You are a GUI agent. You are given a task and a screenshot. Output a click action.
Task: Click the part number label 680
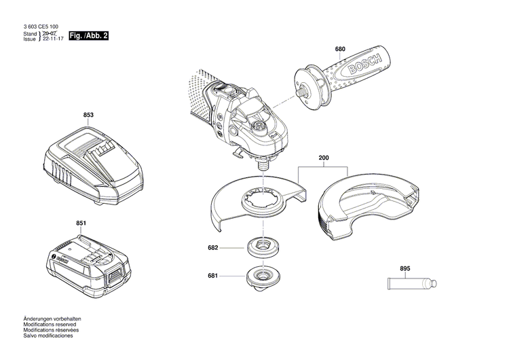340,49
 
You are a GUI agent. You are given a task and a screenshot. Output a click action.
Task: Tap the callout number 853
88,115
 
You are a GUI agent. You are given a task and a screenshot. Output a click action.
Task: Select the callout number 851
81,223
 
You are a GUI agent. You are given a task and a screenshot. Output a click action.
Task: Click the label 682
212,248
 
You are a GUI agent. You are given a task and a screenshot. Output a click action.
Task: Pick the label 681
212,275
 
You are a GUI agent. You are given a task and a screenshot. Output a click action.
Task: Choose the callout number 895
405,269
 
